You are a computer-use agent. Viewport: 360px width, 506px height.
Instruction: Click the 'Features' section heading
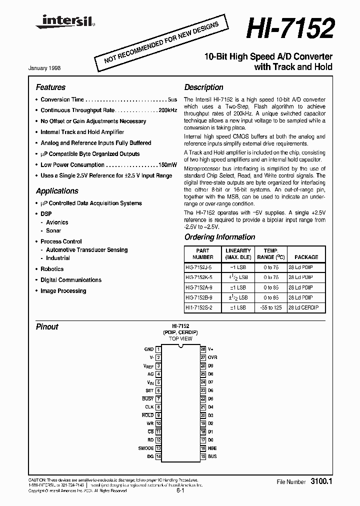[50, 87]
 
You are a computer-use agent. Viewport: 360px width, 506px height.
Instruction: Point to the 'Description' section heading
[203, 87]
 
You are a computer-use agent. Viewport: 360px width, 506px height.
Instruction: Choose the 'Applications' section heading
[57, 191]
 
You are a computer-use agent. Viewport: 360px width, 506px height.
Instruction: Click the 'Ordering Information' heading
[219, 237]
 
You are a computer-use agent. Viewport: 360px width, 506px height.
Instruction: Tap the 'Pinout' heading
[47, 326]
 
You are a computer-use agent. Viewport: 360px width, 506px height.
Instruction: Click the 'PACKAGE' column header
[306, 257]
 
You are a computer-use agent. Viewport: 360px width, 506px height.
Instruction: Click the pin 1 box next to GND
[158, 349]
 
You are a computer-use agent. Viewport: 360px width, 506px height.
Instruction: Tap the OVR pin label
[212, 358]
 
